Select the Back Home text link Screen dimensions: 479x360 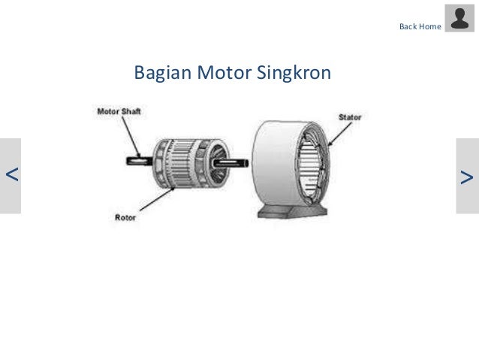(x=420, y=26)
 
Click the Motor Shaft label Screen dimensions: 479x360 (x=119, y=111)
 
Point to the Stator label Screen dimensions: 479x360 (x=349, y=117)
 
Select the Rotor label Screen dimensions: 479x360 (x=125, y=219)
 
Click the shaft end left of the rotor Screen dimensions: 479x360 (x=137, y=159)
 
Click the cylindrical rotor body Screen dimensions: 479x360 (x=184, y=159)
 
